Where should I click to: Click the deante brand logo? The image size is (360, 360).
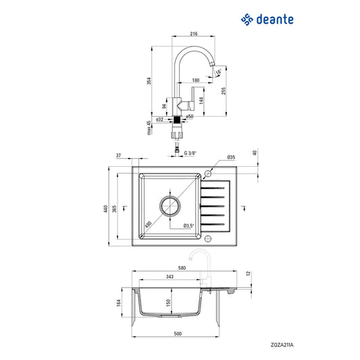[x=267, y=20]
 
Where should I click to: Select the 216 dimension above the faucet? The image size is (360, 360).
[x=194, y=34]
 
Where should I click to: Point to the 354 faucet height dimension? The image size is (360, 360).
[x=149, y=81]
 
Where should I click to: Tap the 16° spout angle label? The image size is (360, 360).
[x=219, y=72]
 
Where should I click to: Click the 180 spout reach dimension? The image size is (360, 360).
[x=196, y=80]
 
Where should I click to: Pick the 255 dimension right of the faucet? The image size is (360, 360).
[x=224, y=91]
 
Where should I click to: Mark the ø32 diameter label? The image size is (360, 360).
[x=159, y=120]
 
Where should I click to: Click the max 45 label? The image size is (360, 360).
[x=149, y=128]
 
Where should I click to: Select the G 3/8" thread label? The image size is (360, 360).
[x=190, y=153]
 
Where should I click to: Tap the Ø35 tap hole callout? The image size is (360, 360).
[x=231, y=157]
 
